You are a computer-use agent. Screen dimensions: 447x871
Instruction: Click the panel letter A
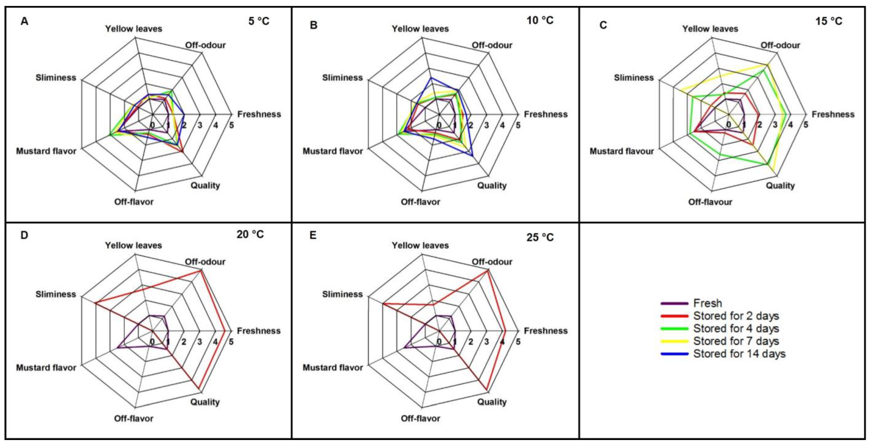24,22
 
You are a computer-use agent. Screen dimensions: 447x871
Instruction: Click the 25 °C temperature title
540,238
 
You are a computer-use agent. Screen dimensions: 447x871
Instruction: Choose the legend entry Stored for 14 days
739,354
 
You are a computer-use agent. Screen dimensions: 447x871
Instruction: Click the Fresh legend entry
707,303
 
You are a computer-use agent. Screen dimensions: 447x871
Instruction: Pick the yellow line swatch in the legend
674,341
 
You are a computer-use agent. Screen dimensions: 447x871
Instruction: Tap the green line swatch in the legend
674,329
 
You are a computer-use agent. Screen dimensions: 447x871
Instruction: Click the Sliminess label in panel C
634,78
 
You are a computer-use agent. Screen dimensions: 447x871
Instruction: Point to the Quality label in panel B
492,185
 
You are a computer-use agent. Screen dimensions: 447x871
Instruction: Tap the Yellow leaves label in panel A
133,29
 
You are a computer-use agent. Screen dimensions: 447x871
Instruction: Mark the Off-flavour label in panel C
710,202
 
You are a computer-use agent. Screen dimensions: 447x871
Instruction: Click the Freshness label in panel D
259,331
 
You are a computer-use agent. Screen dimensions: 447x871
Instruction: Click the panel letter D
24,235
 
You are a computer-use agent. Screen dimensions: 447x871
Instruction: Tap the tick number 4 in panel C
790,125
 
